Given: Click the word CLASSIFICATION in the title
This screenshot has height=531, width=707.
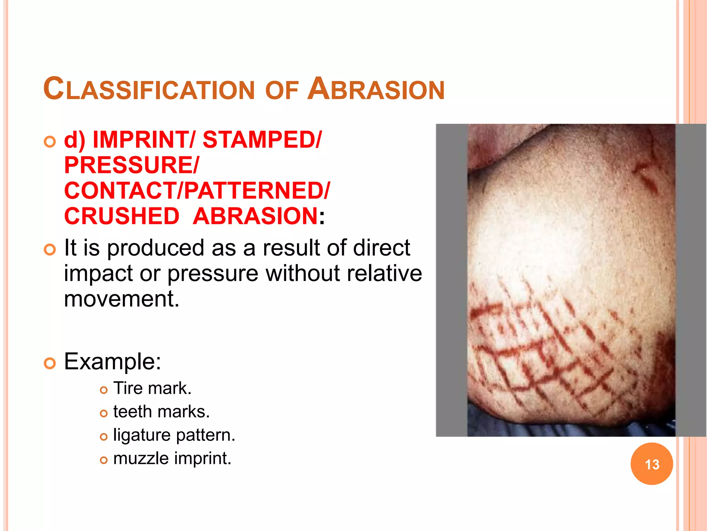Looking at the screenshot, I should (149, 89).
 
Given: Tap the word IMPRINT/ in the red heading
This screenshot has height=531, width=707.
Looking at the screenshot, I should (144, 140).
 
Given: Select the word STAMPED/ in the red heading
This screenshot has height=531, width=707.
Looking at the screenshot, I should (262, 140).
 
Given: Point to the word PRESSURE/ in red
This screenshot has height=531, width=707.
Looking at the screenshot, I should (132, 165).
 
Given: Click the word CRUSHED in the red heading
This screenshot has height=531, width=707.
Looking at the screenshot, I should (122, 216).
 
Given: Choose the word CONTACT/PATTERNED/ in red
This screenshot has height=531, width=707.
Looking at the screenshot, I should (197, 190).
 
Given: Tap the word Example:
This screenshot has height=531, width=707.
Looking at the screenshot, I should (113, 362).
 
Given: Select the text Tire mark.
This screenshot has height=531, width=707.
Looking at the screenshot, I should (152, 388).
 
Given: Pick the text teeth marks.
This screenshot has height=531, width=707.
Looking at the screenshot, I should (161, 412).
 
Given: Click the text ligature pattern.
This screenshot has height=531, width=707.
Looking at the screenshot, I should (174, 435).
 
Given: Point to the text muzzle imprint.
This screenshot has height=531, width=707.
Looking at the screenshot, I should (172, 458).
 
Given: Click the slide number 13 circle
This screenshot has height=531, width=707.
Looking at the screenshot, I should (651, 464).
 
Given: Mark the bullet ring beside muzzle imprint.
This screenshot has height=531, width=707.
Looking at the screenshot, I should (104, 460).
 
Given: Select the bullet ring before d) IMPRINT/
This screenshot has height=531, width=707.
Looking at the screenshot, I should (50, 142).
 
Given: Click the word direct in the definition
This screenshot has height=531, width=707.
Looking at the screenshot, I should (381, 248).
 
